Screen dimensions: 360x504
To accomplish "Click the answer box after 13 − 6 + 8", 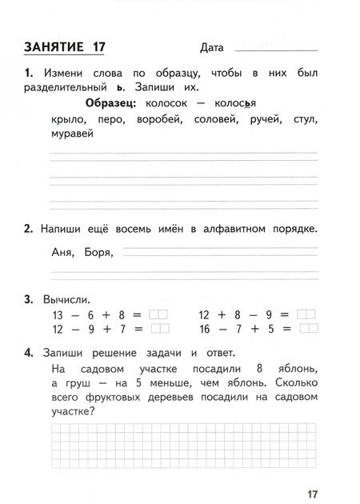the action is tap(159, 314).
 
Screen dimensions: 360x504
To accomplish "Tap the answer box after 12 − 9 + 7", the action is tap(159, 328).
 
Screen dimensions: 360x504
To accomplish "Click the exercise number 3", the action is tap(27, 299).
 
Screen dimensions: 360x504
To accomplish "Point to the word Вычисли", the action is tap(60, 299).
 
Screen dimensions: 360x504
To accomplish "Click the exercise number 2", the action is tap(27, 229).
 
